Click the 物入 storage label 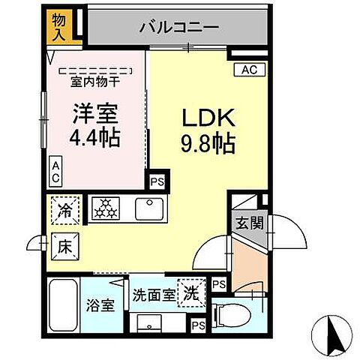click(x=59, y=25)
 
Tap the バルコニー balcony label click(x=178, y=28)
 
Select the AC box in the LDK click(x=249, y=70)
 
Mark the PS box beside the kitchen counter click(x=157, y=181)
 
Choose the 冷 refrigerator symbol click(x=66, y=209)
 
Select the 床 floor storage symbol click(x=64, y=244)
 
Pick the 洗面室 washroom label click(x=151, y=294)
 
